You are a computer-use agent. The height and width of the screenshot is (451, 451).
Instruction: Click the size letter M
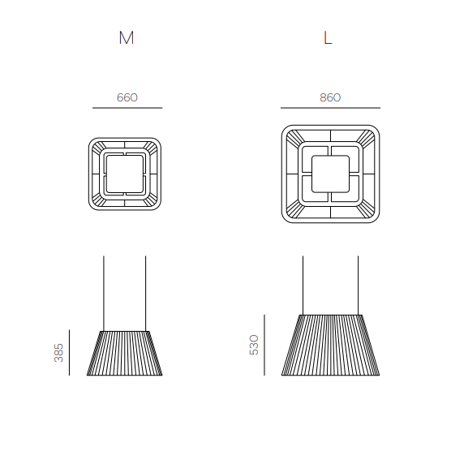(x=127, y=37)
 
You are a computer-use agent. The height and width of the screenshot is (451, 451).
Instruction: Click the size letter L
(x=328, y=37)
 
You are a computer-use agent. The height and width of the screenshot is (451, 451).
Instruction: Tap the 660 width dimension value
(x=127, y=97)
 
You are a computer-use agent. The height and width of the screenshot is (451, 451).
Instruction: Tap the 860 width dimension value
(x=330, y=97)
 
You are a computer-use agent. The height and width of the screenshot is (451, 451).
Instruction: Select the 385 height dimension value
(x=58, y=353)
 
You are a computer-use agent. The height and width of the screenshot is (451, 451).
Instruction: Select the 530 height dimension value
(x=254, y=345)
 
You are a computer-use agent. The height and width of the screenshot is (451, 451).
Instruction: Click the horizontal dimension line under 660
(x=127, y=108)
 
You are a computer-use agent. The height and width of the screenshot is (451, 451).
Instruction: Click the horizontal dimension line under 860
(x=330, y=108)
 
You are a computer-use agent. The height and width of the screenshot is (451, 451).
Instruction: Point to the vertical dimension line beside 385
(x=69, y=353)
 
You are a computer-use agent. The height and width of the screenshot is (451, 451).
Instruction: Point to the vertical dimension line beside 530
(x=264, y=346)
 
